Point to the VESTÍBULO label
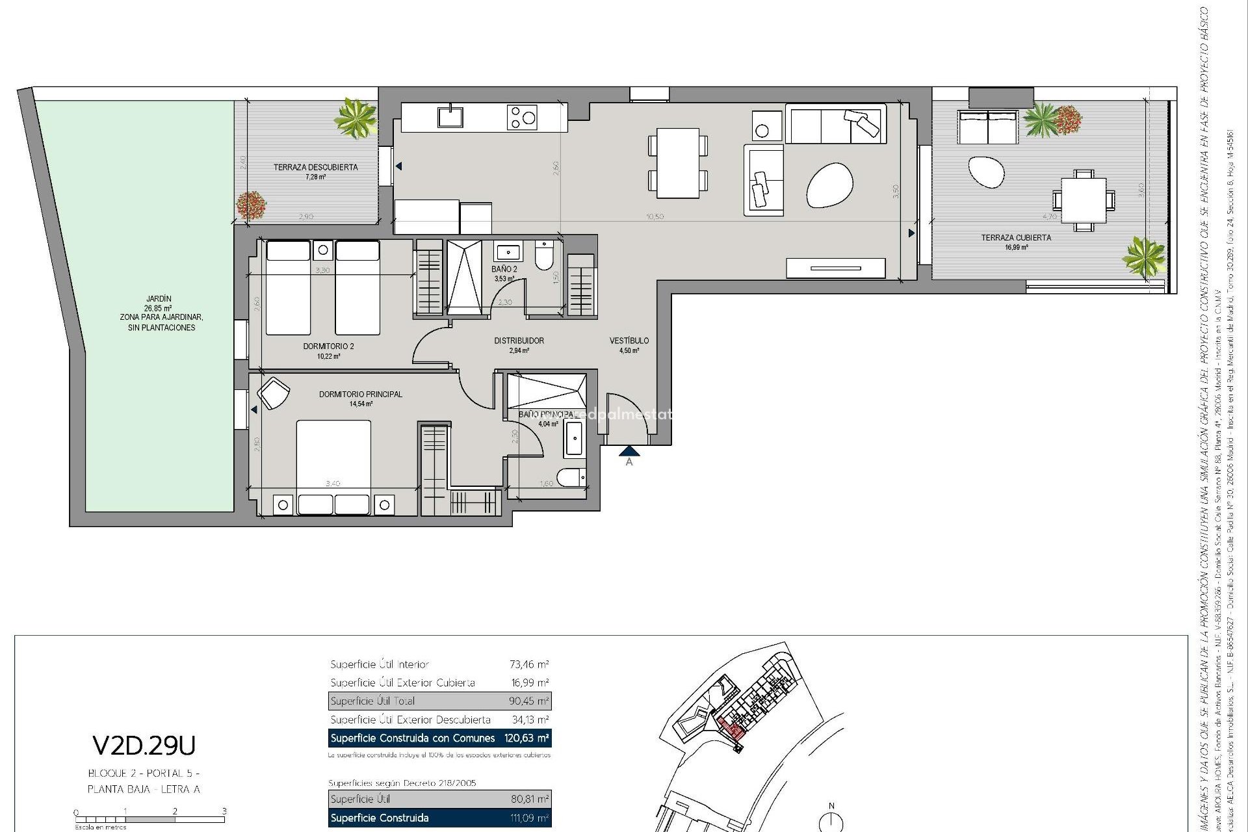pos(629,341)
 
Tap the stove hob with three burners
pos(522,117)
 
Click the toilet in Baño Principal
pos(572,478)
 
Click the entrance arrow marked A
pos(629,450)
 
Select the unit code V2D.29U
pos(144,746)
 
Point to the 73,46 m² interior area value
pos(529,664)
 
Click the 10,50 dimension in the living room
pos(655,216)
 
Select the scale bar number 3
pos(224,811)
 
